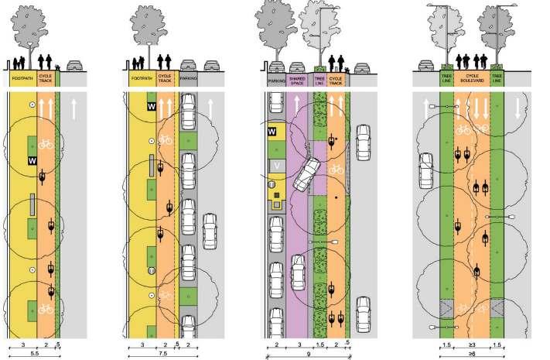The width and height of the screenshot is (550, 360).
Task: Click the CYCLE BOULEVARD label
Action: [x=470, y=78]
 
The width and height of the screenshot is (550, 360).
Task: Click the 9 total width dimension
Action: [x=309, y=354]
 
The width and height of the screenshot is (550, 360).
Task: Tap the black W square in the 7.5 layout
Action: [x=152, y=105]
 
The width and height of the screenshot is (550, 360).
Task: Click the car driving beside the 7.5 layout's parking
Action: [x=210, y=228]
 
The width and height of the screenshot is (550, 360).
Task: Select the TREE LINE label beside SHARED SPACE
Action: [x=319, y=78]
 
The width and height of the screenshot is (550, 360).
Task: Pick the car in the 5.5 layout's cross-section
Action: [x=76, y=67]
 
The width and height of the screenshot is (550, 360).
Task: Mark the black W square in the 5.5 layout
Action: [x=31, y=160]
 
